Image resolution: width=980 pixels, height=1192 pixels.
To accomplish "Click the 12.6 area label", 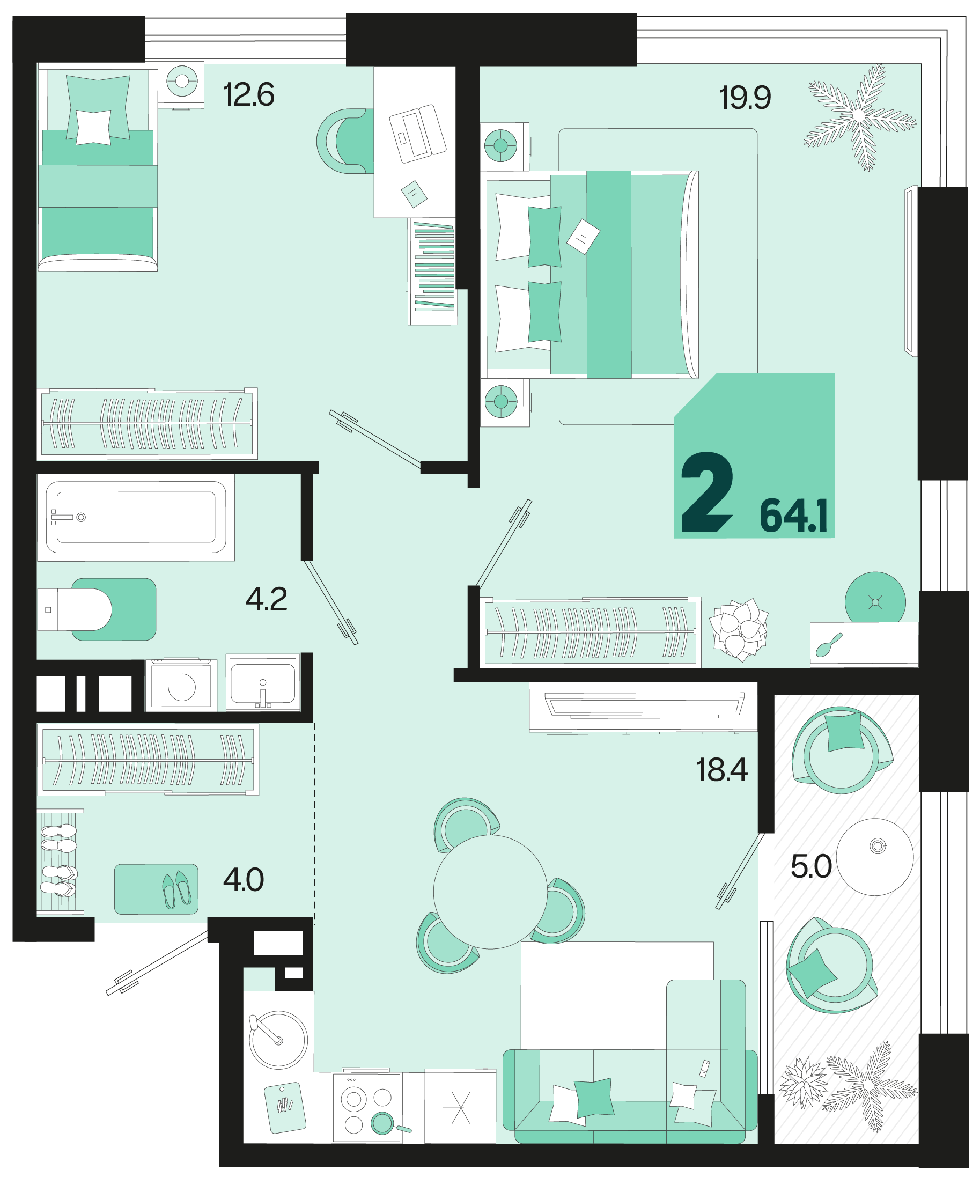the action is click(x=249, y=95).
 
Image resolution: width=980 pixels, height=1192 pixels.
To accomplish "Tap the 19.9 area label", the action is click(x=745, y=98).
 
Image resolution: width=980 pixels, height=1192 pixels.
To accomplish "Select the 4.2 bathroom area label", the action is click(x=267, y=599).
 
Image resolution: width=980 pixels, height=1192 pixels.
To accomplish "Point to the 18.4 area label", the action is click(x=722, y=770).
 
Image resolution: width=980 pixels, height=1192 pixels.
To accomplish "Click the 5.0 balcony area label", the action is click(x=811, y=866).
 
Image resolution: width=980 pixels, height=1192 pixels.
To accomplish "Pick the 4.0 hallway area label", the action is click(x=244, y=879).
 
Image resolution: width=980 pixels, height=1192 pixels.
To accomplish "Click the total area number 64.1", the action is click(x=794, y=516).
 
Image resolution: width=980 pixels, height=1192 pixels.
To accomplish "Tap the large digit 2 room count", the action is click(x=708, y=492).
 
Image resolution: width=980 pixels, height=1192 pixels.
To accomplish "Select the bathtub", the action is click(x=136, y=517).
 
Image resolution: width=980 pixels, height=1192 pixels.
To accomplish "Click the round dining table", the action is click(x=490, y=892).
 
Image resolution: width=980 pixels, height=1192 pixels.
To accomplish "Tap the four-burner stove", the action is click(x=367, y=1108).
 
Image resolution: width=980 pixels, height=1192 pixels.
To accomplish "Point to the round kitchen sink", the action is click(x=278, y=1040).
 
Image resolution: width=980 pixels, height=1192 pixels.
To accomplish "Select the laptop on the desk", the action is click(x=418, y=134).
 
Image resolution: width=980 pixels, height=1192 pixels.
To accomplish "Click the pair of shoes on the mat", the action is click(x=176, y=890).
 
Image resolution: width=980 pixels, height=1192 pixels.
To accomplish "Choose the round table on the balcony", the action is click(x=875, y=857).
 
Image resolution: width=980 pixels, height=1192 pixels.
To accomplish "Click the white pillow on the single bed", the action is click(x=94, y=128).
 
